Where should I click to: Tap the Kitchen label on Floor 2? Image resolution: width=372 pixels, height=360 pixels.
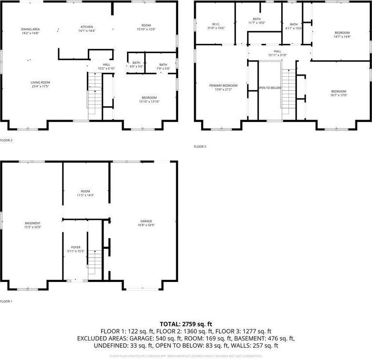click(x=87, y=29)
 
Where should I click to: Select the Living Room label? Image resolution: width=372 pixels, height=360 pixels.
click(x=41, y=84)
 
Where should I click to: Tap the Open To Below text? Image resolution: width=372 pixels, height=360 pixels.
click(x=270, y=88)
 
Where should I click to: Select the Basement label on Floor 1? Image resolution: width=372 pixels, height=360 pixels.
click(x=33, y=225)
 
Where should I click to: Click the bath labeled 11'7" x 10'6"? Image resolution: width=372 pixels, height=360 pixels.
click(x=256, y=21)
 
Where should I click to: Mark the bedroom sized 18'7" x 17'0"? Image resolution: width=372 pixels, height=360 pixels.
click(x=338, y=93)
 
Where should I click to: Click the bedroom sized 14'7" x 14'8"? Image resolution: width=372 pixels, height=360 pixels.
click(x=342, y=35)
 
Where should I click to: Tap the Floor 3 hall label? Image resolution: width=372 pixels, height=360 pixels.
click(x=277, y=53)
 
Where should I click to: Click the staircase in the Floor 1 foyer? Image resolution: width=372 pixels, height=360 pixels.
click(x=95, y=264)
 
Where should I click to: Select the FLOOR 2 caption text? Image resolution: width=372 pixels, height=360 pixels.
click(x=6, y=140)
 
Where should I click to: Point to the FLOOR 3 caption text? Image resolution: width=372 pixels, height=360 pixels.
click(x=200, y=146)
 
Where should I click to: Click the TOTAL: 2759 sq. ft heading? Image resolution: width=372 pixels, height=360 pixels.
click(x=186, y=324)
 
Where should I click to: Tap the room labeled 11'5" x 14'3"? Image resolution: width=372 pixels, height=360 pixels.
click(x=85, y=193)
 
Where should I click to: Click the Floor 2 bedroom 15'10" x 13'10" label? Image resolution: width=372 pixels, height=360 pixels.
click(x=149, y=99)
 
